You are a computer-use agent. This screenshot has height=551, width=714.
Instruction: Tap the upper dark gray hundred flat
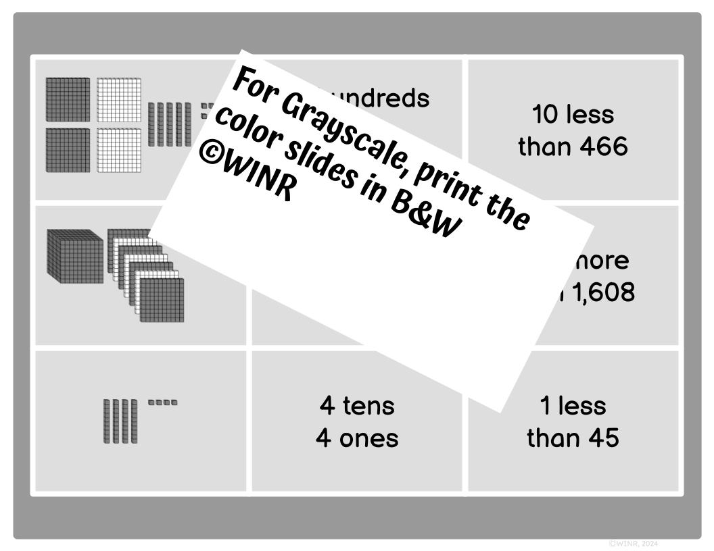(68, 100)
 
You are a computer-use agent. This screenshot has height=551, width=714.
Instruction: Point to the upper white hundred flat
(118, 100)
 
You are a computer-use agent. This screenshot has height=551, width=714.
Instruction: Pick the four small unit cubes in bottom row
(162, 402)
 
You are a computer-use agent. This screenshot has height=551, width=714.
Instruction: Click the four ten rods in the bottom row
(120, 421)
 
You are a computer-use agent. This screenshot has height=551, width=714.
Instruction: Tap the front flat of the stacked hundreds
(162, 300)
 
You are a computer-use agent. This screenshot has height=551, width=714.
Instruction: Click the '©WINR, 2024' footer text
(633, 543)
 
